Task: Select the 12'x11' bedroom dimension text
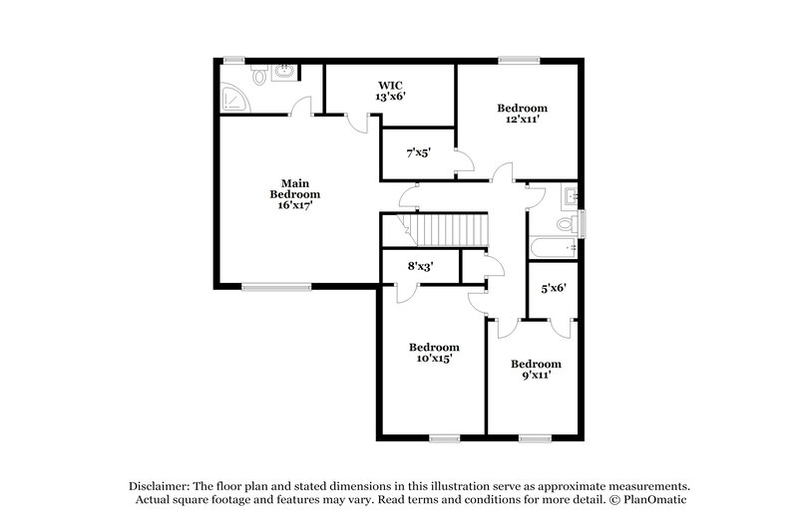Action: tap(523, 120)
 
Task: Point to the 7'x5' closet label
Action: tap(417, 154)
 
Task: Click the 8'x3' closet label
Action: tap(421, 266)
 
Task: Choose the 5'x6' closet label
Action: tap(554, 289)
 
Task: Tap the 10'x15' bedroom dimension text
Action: tap(435, 359)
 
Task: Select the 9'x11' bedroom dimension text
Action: tap(536, 376)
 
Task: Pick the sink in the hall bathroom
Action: tap(570, 194)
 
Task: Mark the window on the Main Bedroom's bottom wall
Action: tap(269, 287)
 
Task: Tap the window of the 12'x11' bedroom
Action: tap(516, 59)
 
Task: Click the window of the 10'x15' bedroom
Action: tap(444, 437)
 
